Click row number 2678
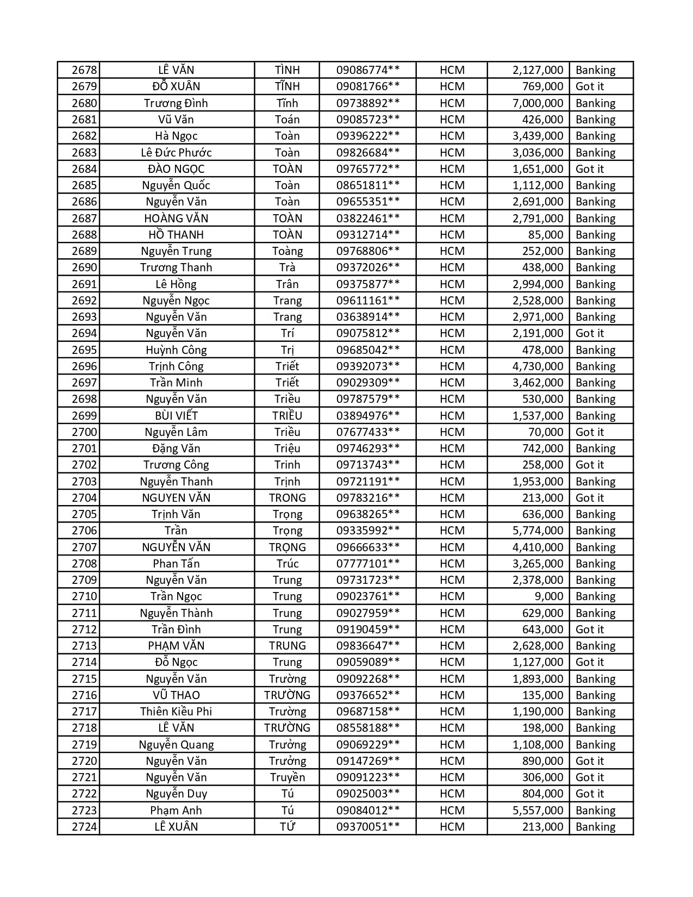click(84, 70)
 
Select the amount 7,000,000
click(538, 103)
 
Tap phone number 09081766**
click(368, 86)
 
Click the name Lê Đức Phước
click(176, 152)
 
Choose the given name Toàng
click(287, 251)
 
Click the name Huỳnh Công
click(176, 350)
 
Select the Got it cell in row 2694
click(590, 333)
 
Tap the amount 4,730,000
click(538, 366)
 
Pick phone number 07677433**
click(368, 432)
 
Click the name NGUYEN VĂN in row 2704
click(176, 498)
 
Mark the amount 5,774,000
click(538, 531)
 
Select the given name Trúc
click(287, 564)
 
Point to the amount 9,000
click(549, 596)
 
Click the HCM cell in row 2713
click(452, 646)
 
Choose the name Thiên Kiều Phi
click(176, 712)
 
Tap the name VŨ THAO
click(176, 695)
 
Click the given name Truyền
click(287, 777)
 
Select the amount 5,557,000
click(538, 811)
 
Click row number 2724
click(84, 827)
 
